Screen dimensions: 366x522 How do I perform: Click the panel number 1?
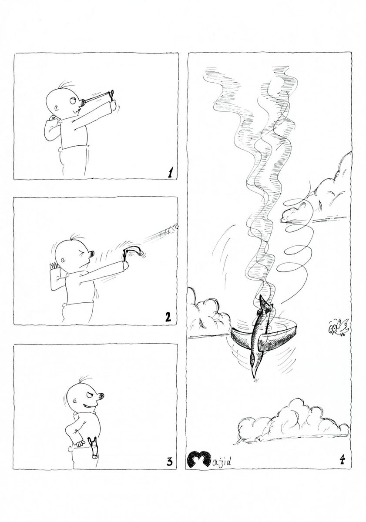[171, 173]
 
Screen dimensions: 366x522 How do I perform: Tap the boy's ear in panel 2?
[63, 259]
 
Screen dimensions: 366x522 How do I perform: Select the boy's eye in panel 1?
[73, 100]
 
